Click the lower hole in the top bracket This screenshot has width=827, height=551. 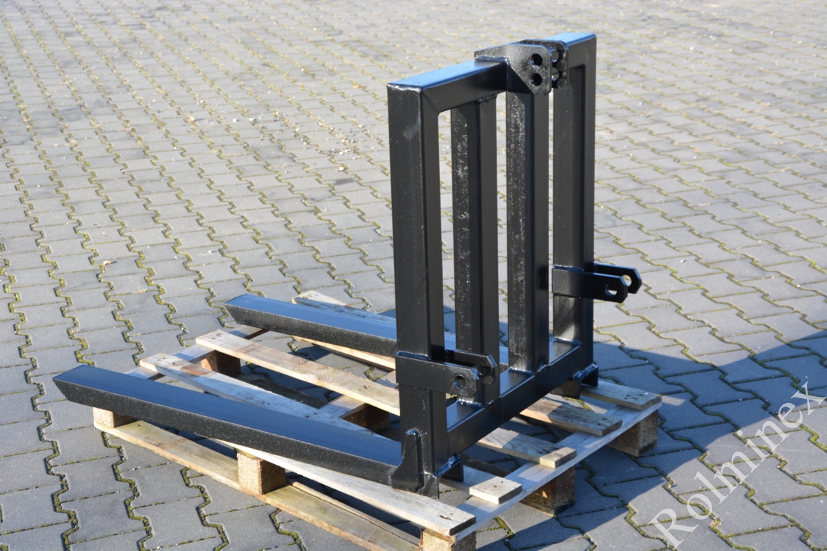pos(537,79)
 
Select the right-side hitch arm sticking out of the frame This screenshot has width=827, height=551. pos(596,280)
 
